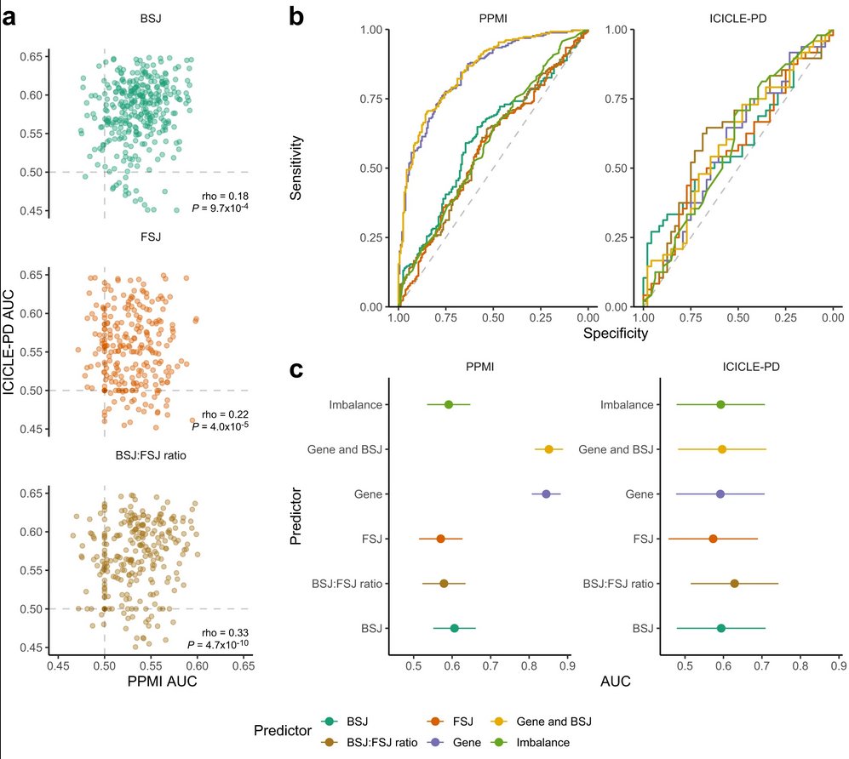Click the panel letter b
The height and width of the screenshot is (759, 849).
(296, 15)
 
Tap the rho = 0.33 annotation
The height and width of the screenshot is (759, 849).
(224, 632)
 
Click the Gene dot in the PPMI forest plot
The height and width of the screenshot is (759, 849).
(546, 494)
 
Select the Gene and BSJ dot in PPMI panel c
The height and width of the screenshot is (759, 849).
(549, 449)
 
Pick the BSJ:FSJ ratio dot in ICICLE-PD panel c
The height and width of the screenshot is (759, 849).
(734, 584)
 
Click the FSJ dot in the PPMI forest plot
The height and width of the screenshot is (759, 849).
(440, 539)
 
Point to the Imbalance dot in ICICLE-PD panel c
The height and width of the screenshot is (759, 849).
(720, 404)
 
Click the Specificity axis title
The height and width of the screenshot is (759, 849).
(616, 334)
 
